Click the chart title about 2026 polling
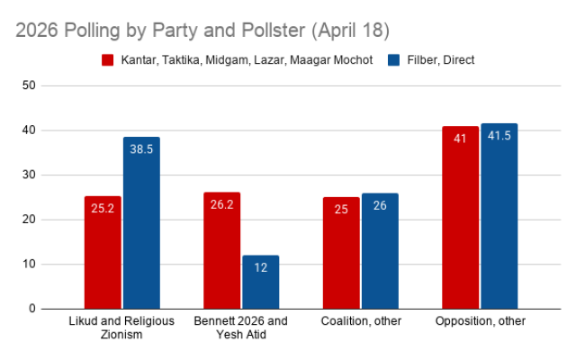pyautogui.click(x=202, y=30)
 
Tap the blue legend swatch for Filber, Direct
pyautogui.click(x=394, y=60)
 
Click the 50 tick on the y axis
pyautogui.click(x=29, y=85)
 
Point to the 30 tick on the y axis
pyautogui.click(x=29, y=175)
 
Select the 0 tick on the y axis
pyautogui.click(x=31, y=309)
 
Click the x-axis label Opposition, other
pyautogui.click(x=479, y=321)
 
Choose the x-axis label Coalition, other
pyautogui.click(x=360, y=321)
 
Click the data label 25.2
pyautogui.click(x=103, y=208)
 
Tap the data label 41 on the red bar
pyautogui.click(x=460, y=139)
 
